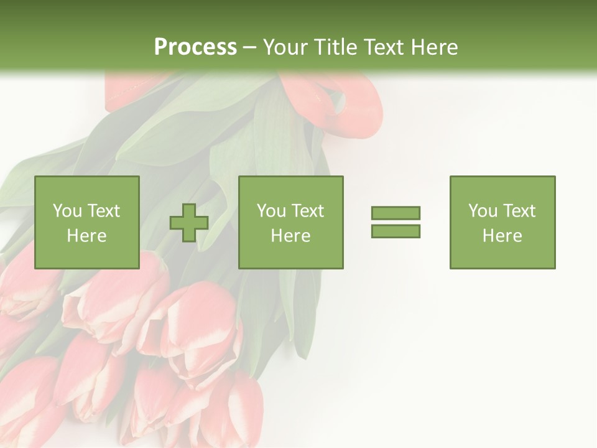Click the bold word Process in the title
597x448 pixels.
(x=195, y=47)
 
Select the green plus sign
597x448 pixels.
(x=189, y=223)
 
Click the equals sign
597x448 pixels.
(x=396, y=222)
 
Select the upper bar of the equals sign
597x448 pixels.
(x=396, y=213)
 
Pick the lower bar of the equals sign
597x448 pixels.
(x=396, y=231)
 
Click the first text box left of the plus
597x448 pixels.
(x=87, y=222)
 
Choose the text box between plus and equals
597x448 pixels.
(x=290, y=222)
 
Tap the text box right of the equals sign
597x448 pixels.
(x=502, y=222)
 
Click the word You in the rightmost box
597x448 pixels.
(x=483, y=211)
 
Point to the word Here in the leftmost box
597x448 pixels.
(x=87, y=236)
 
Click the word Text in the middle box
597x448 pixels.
(x=307, y=211)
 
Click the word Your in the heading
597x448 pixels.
(x=285, y=47)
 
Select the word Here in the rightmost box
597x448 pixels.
(x=502, y=236)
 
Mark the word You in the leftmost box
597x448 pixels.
(x=67, y=211)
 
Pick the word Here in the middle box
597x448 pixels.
(x=290, y=236)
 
